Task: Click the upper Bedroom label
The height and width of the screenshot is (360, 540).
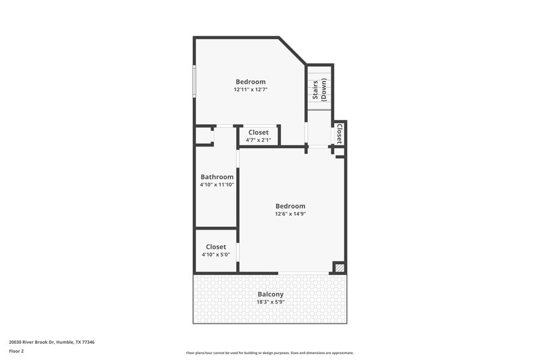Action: [250, 82]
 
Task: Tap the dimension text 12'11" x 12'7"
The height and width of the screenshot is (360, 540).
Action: [250, 90]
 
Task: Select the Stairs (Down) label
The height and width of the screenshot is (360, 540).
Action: [319, 91]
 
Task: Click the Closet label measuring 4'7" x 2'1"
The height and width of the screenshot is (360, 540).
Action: [259, 132]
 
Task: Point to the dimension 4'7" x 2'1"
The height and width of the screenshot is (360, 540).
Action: [259, 140]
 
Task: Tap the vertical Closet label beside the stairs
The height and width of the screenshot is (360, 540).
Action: [339, 134]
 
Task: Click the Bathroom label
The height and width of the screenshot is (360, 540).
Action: [217, 177]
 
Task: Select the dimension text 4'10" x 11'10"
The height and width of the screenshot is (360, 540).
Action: [217, 185]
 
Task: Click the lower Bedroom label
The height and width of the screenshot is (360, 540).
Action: [290, 206]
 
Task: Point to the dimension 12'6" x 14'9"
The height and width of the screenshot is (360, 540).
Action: [290, 214]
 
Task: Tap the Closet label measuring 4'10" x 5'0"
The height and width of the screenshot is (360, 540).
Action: [216, 247]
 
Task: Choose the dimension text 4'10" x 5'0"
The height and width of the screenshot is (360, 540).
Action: [216, 255]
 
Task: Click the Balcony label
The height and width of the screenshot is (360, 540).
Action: [271, 294]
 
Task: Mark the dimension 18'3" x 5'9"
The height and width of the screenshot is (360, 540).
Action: [271, 303]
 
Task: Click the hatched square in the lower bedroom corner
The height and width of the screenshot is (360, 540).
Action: [340, 268]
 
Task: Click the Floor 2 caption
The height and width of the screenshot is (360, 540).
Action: [16, 351]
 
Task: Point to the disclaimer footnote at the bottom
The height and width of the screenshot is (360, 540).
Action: [270, 353]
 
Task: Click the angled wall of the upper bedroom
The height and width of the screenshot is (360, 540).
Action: [292, 51]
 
